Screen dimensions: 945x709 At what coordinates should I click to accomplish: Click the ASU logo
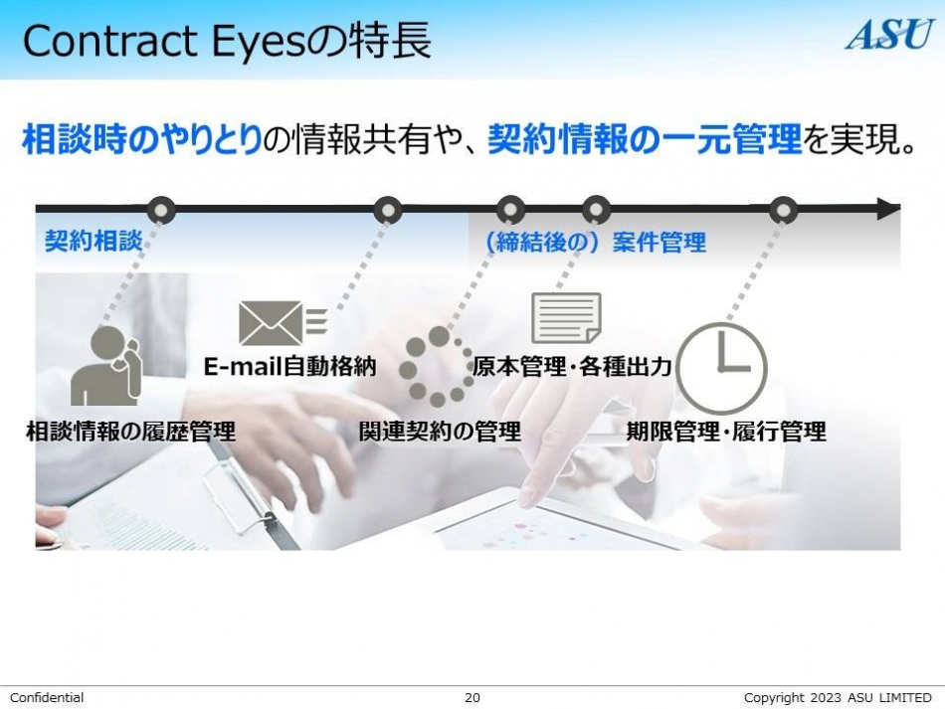pos(889,35)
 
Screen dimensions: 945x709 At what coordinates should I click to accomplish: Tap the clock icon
pos(721,368)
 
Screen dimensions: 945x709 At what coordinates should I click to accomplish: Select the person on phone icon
pos(105,366)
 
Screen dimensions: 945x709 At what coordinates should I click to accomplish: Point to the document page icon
pos(566,317)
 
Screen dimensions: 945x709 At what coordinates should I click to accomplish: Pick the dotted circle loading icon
pos(437,367)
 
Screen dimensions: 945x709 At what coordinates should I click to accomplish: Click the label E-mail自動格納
pos(289,366)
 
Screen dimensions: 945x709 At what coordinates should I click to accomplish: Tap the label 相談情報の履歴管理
pos(130,432)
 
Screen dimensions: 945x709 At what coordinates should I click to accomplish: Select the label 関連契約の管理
pos(440,432)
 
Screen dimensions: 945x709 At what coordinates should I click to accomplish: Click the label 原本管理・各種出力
pos(571,366)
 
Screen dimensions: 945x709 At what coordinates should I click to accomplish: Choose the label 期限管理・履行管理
pos(725,432)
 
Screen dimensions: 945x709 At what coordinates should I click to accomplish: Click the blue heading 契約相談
pos(94,241)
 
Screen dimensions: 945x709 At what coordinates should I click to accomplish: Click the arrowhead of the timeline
pos(887,209)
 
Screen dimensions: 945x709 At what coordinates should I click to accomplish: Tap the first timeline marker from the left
pos(161,210)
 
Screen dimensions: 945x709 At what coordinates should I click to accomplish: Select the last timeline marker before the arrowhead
pos(783,210)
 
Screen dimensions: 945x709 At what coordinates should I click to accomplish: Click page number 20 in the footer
pos(472,697)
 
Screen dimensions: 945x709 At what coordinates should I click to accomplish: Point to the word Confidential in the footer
pos(47,697)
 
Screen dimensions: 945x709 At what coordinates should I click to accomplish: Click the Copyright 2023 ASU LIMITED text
pos(838,697)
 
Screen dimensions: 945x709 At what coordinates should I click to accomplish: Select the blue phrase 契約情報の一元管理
pos(645,139)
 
